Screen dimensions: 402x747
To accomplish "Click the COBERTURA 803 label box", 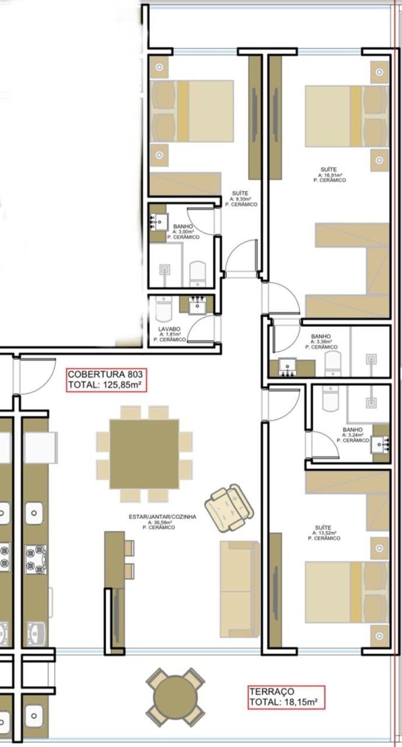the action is tap(106, 379).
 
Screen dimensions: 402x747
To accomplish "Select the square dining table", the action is tap(144, 454).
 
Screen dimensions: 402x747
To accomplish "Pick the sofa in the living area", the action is tap(240, 589).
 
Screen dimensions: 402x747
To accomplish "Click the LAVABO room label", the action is tap(169, 329).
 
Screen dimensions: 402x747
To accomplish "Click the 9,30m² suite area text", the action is tap(241, 199).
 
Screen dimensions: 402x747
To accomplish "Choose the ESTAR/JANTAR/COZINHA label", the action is tap(163, 516).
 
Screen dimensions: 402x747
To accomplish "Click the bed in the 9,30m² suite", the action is tap(192, 111).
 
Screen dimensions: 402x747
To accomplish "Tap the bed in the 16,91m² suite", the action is tap(347, 116).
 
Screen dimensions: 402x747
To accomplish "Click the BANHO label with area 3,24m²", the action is tap(352, 430).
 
